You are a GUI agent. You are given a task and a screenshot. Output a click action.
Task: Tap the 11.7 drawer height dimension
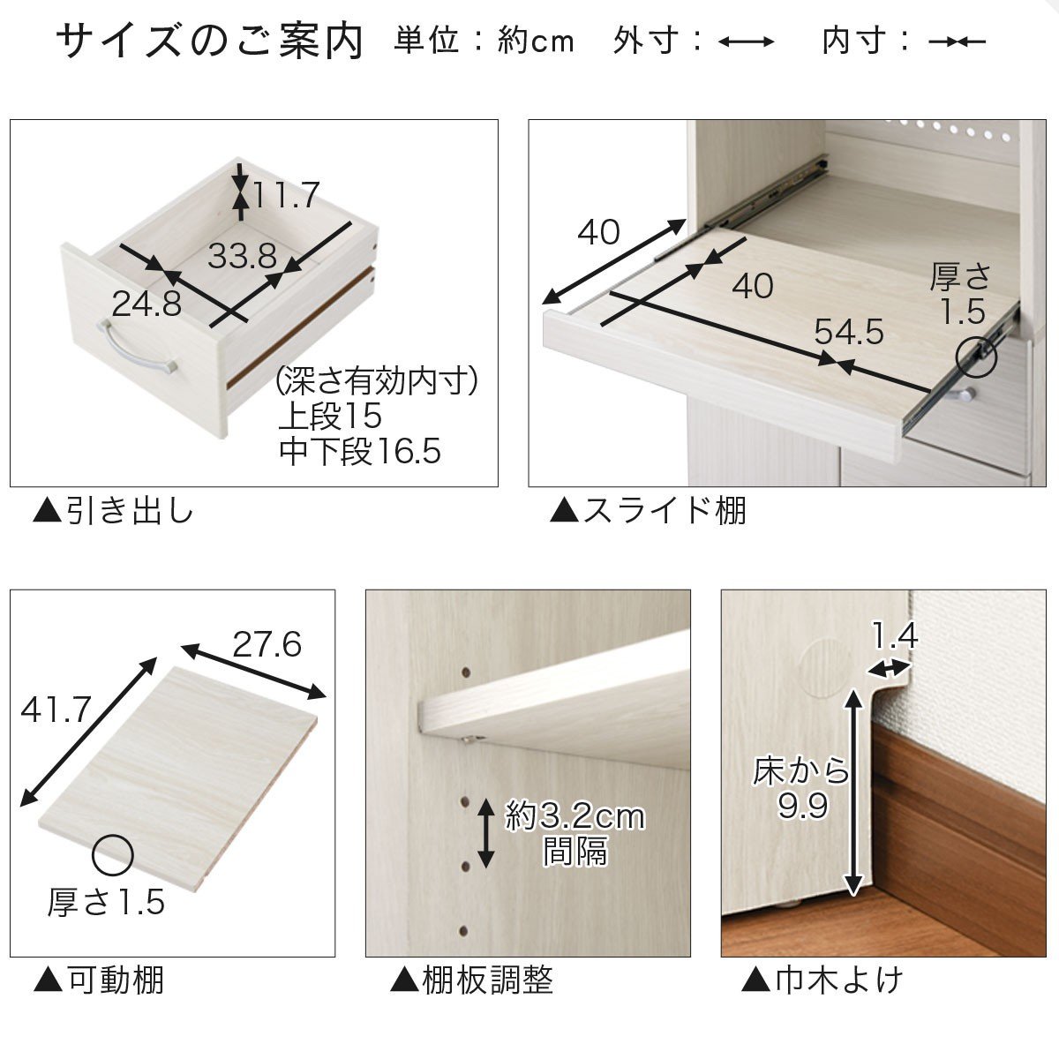[x=286, y=195]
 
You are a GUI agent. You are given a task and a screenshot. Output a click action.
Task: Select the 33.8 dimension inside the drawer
[x=243, y=256]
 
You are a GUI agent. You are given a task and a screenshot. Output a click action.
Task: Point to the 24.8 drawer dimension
[x=146, y=304]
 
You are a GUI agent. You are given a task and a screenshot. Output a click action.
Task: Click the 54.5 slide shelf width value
[x=848, y=332]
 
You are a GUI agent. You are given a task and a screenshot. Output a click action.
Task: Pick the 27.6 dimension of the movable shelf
[x=267, y=644]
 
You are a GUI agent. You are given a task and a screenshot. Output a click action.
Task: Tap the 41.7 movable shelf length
[x=56, y=710]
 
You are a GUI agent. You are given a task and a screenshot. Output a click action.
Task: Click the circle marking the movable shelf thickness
[x=113, y=855]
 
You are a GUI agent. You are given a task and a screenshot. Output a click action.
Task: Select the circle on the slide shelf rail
[x=977, y=357]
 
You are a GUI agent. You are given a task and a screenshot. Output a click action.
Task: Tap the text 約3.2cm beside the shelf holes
[x=575, y=817]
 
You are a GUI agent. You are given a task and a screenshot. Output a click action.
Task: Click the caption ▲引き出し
[x=113, y=511]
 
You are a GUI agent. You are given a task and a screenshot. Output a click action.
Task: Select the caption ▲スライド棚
[x=648, y=511]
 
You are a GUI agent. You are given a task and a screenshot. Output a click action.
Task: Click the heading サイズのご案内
[x=209, y=41]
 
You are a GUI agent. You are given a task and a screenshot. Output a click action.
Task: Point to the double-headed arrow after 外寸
[x=747, y=41]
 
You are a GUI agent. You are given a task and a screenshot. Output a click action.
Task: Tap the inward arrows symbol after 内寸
[x=958, y=41]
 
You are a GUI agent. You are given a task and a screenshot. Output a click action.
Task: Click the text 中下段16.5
[x=360, y=452]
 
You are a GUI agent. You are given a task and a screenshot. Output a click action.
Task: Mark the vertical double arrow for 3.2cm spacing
[x=485, y=834]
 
